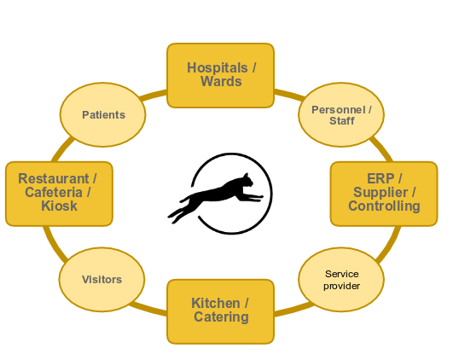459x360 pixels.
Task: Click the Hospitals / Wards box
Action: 220,75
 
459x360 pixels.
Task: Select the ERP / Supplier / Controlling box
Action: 383,193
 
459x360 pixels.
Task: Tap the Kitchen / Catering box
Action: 220,311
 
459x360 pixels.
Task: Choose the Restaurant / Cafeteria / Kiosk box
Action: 59,193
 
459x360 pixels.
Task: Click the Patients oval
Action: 103,114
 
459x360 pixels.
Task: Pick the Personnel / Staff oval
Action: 341,115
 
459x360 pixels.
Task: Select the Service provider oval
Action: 341,279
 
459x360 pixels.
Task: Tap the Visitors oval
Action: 102,279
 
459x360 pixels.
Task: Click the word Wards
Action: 221,82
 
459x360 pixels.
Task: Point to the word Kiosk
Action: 59,206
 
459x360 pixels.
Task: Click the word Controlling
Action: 384,206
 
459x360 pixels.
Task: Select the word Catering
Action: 221,317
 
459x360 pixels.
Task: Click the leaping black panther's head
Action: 245,181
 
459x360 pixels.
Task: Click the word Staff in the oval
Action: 341,121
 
